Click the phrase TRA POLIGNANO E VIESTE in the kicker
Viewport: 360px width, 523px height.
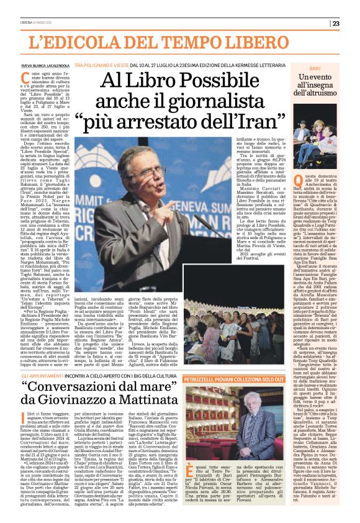(x=104, y=65)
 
